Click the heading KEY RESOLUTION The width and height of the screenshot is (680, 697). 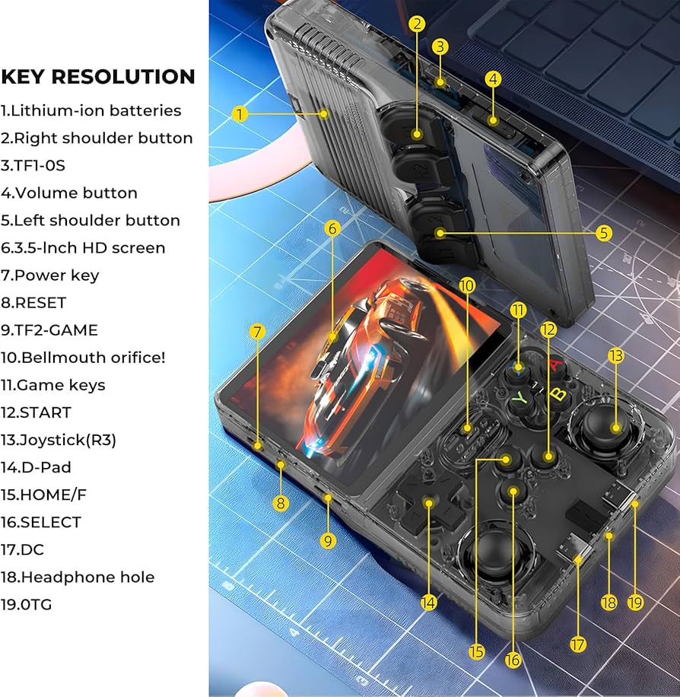[98, 77]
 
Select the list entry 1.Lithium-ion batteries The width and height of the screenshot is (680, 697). [91, 110]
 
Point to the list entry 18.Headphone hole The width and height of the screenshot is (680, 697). [78, 577]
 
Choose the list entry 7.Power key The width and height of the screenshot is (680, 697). [50, 275]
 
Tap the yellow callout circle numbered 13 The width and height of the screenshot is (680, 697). [616, 355]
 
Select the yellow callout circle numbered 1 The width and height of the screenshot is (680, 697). [240, 114]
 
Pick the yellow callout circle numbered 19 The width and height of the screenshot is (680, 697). [636, 602]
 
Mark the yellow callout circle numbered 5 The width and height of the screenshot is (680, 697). [604, 233]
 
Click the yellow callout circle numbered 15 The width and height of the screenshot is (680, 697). [477, 651]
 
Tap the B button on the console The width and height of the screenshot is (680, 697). [558, 394]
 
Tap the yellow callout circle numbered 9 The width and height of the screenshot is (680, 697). [328, 540]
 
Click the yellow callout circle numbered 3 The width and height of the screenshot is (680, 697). [440, 46]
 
